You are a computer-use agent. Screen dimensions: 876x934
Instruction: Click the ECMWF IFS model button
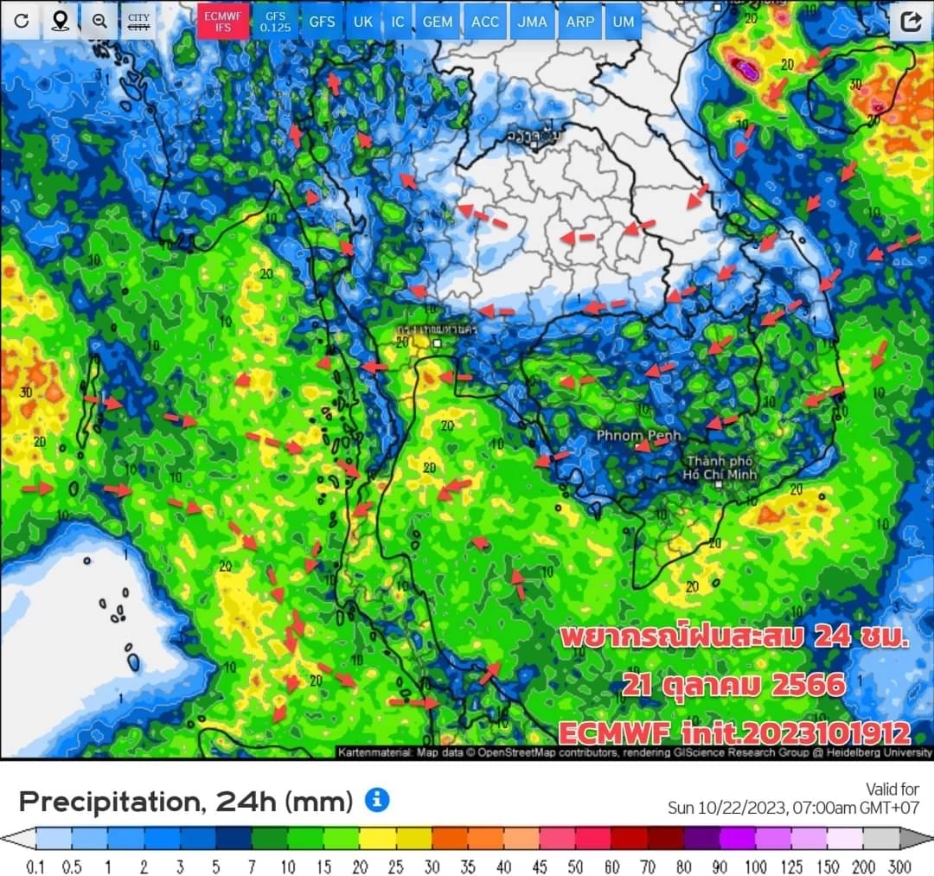224,22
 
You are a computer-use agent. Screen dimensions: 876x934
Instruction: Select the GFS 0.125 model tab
275,22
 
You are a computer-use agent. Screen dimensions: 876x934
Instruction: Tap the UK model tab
363,22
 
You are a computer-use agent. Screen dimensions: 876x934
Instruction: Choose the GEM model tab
438,22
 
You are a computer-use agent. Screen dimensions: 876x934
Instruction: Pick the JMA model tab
532,22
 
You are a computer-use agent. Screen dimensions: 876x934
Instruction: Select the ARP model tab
579,22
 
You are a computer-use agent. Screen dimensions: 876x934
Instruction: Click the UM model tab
623,22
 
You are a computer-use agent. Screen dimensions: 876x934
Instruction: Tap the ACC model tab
485,22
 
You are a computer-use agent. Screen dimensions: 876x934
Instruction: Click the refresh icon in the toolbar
22,21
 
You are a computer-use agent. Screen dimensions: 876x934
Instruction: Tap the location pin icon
61,21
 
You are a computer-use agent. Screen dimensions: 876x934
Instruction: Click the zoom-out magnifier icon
99,21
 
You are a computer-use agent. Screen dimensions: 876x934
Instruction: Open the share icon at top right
911,22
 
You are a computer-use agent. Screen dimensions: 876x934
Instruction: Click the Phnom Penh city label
638,435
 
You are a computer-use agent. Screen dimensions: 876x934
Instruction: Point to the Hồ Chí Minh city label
720,468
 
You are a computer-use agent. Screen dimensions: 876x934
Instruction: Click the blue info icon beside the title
377,800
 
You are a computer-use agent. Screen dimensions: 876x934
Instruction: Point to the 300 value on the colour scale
899,866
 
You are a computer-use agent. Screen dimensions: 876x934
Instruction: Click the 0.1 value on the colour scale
35,866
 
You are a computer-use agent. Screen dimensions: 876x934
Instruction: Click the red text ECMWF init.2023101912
734,733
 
